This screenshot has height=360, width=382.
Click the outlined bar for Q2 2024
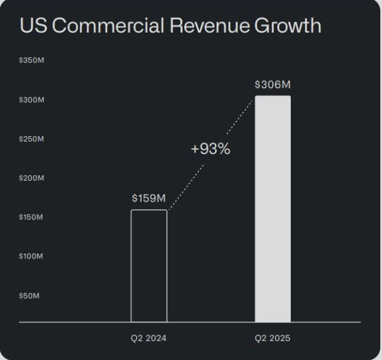point(148,266)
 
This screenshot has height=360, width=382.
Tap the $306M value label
point(272,85)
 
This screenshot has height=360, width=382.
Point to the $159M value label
point(148,198)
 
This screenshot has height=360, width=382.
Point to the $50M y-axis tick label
point(30,295)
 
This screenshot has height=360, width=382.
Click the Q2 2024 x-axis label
point(148,338)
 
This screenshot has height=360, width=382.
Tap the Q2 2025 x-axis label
point(272,338)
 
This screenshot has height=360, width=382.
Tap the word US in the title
point(31,27)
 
